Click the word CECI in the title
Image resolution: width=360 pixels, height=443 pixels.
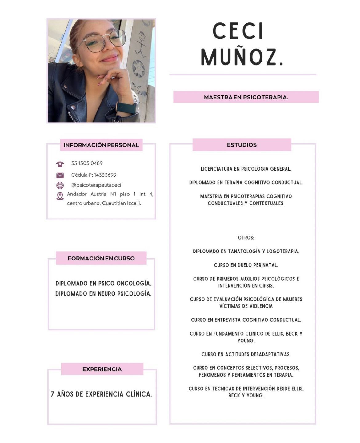point(238,31)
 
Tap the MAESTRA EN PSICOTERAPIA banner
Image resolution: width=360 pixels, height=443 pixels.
point(246,97)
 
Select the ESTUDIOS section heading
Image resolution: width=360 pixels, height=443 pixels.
point(242,145)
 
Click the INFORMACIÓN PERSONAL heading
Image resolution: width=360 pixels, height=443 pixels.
point(101,145)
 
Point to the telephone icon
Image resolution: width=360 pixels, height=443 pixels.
point(60,164)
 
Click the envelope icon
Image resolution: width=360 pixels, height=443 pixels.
point(60,175)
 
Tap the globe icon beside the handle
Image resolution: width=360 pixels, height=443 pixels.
point(60,185)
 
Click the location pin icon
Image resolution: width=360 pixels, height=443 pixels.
point(60,196)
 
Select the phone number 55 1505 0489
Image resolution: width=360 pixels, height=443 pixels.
point(87,163)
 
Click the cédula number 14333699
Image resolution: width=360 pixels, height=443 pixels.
point(105,175)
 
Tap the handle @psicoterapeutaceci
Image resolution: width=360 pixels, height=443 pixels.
point(96,185)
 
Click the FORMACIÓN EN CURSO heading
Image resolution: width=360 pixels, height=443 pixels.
point(101,258)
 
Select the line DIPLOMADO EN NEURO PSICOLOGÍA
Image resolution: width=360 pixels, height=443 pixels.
point(103,294)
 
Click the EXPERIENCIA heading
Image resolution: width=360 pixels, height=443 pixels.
point(102,369)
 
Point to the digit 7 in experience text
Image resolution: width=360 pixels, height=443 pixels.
point(53,394)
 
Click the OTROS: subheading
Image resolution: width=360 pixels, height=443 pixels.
point(246,238)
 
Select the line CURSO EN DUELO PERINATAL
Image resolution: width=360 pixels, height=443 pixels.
point(246,265)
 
